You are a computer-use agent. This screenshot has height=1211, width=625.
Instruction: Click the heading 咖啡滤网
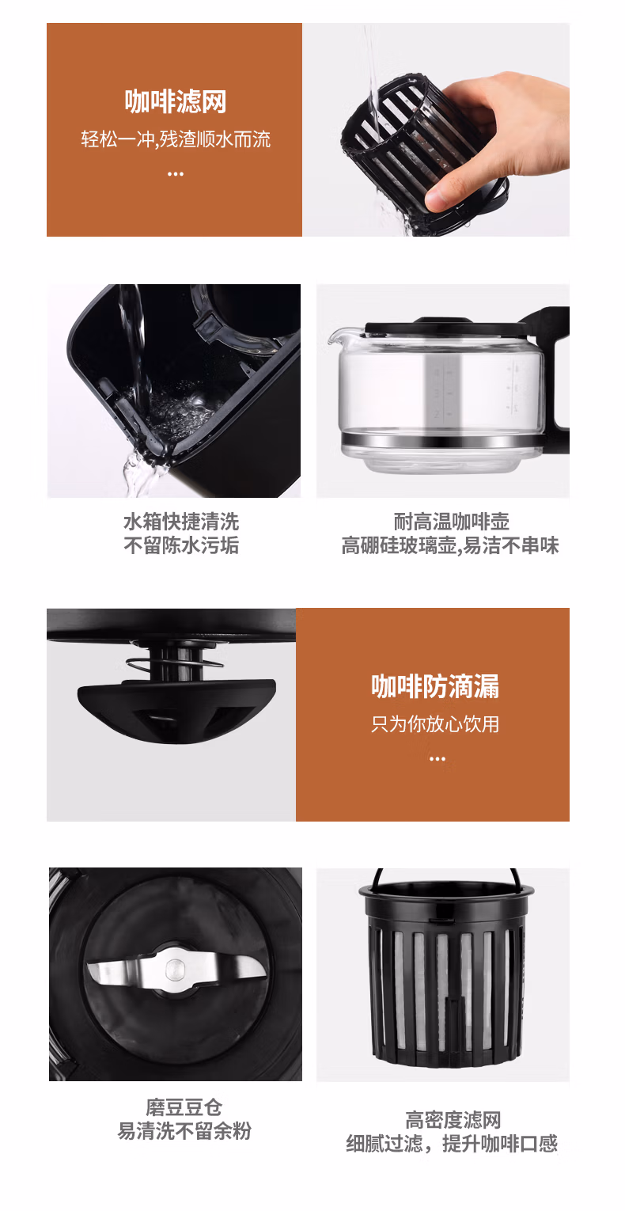(x=175, y=102)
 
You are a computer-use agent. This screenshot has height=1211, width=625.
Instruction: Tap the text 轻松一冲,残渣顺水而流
(x=175, y=139)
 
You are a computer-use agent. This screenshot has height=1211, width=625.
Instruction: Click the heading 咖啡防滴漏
(x=435, y=686)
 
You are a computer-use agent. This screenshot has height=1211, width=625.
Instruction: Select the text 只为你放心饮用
(x=435, y=723)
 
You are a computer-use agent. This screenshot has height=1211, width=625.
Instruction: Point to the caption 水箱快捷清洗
(x=181, y=522)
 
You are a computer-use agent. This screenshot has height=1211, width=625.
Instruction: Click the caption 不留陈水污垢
(x=181, y=545)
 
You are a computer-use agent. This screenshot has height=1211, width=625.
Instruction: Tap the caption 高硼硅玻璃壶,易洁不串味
(x=450, y=545)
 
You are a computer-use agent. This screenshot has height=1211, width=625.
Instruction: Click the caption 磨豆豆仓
(x=184, y=1107)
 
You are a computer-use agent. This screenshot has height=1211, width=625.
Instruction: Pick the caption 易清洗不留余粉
(x=184, y=1131)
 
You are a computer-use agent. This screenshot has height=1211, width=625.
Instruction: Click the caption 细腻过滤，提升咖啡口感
(x=452, y=1144)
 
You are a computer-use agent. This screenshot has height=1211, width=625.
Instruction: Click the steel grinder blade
(x=175, y=970)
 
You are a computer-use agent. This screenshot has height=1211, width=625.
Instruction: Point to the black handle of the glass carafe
(x=558, y=372)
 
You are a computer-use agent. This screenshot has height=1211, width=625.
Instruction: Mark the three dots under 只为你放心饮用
(x=437, y=759)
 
